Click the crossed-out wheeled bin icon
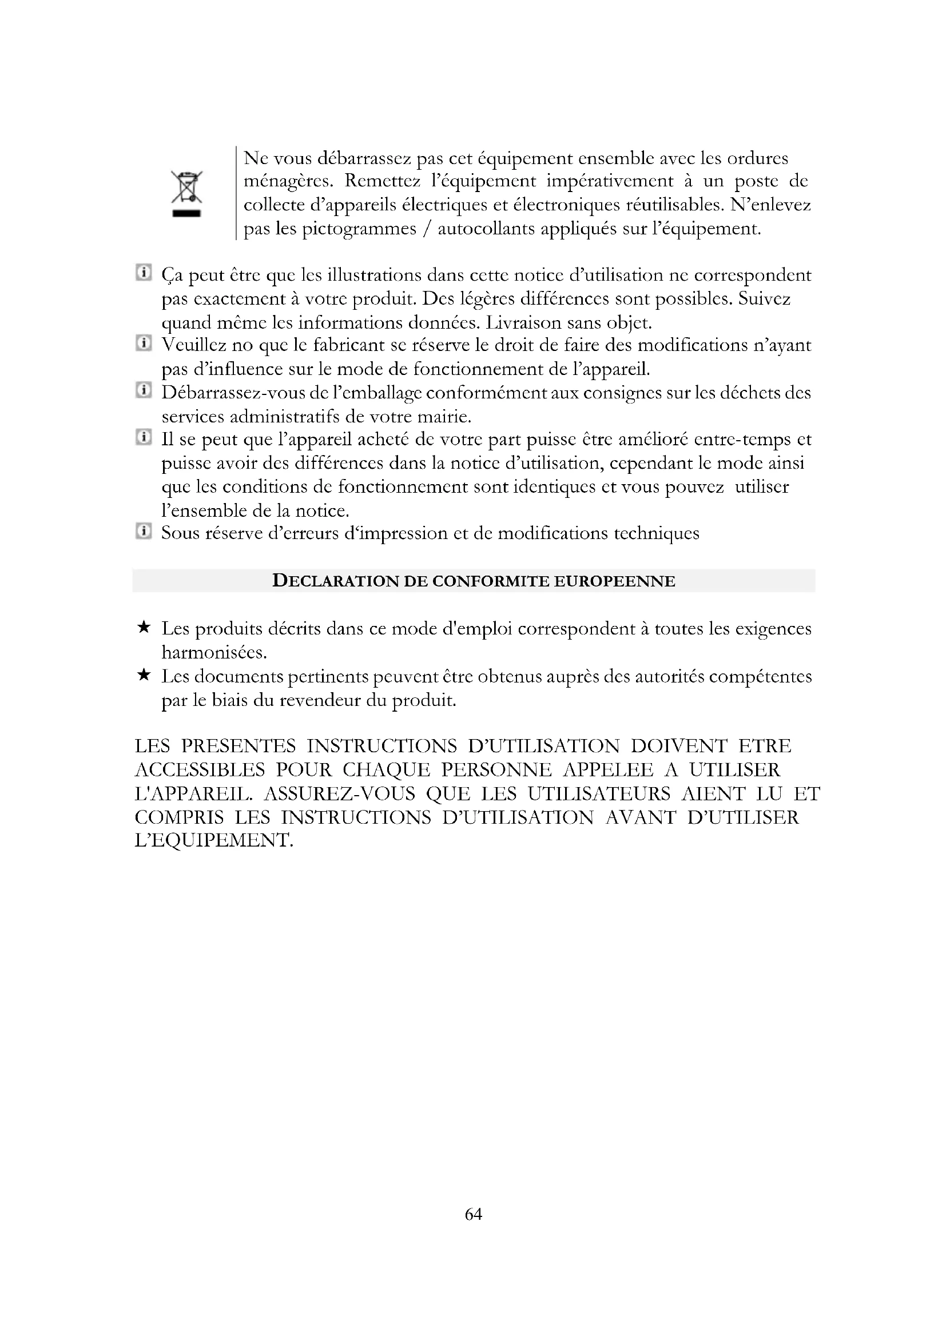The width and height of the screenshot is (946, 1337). [186, 194]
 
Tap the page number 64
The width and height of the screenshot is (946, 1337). [473, 1214]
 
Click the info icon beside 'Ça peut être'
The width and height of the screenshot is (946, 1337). [144, 272]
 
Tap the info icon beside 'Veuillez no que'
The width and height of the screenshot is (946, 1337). [144, 342]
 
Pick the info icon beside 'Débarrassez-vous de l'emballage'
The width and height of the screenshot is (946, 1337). [144, 390]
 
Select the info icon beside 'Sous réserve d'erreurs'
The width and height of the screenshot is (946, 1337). [144, 530]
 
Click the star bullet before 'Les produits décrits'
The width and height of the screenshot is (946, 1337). [144, 627]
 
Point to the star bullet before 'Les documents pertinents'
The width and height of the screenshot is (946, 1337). [144, 675]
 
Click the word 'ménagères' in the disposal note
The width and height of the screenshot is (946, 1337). [288, 182]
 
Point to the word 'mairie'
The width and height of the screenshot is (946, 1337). [443, 416]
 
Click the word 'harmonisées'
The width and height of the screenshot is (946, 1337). [214, 652]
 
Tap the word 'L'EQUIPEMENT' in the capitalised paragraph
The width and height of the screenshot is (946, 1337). [213, 840]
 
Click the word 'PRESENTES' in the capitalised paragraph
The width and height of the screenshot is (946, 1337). [239, 746]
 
